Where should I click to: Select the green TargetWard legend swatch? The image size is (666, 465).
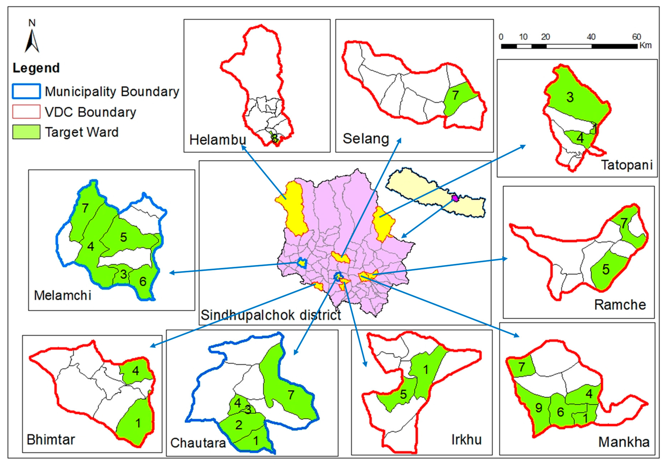tap(26, 132)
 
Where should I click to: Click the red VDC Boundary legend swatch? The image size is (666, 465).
tap(26, 112)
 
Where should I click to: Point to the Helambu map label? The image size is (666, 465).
tap(218, 140)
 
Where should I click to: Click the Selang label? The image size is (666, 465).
tap(366, 139)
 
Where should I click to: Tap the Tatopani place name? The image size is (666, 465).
tap(627, 165)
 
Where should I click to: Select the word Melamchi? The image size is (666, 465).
tap(63, 295)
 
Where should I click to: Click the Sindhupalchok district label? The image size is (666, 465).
tap(271, 315)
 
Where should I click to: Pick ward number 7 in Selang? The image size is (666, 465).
tap(455, 95)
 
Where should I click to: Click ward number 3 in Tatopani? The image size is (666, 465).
tap(570, 97)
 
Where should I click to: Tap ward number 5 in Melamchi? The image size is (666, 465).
tap(124, 237)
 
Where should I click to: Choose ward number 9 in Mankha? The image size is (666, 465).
tap(539, 408)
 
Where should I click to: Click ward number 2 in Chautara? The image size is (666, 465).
tap(239, 425)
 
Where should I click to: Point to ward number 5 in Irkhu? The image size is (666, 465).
tap(403, 394)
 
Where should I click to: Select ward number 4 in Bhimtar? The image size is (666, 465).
tap(136, 371)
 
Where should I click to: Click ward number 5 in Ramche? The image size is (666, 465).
tap(606, 269)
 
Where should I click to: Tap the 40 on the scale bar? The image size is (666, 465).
tap(591, 37)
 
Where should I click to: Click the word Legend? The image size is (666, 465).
tap(36, 68)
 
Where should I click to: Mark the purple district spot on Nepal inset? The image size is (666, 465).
tap(455, 198)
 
